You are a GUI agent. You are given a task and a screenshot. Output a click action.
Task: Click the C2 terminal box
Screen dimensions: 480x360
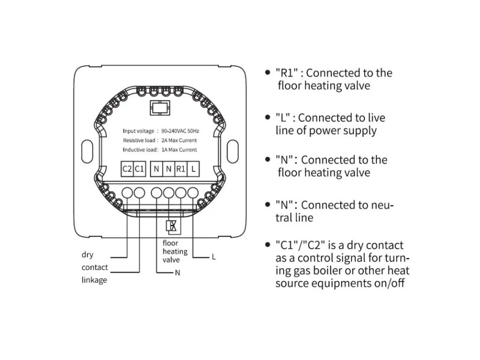pos(127,168)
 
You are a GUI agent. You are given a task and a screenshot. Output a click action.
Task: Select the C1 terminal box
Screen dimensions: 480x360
pos(139,168)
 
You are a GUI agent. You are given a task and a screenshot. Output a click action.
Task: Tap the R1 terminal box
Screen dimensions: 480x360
pos(181,168)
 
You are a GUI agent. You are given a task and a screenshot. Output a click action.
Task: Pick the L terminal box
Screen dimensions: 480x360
pos(194,168)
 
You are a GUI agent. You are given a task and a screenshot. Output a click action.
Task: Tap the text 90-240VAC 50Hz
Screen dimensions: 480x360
pos(180,131)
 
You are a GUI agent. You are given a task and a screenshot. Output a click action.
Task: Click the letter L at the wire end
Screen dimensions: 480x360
pos(214,257)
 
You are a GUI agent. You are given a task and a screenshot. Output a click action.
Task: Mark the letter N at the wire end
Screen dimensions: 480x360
pos(177,272)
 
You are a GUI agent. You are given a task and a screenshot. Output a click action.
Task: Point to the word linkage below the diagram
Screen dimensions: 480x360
pos(94,280)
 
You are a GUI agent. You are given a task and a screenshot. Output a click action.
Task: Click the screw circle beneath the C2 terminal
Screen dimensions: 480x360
pos(127,192)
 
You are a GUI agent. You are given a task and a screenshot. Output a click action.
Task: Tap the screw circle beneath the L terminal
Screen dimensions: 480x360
pos(193,192)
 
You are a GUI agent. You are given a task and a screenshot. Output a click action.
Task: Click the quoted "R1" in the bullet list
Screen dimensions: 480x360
pos(287,73)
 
